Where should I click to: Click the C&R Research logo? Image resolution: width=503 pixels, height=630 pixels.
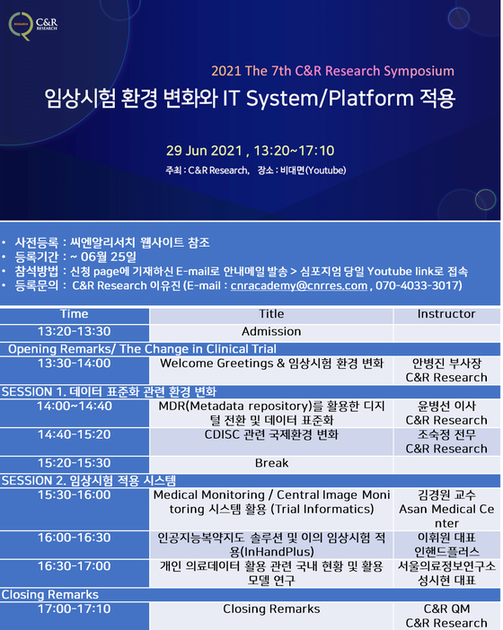point(33,26)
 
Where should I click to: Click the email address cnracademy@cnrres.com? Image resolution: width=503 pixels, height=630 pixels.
point(299,285)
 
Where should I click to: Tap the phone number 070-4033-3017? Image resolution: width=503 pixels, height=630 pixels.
point(418,285)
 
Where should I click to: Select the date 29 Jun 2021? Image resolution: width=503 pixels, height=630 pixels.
point(204,151)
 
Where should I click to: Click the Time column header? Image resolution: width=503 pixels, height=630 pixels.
point(75,314)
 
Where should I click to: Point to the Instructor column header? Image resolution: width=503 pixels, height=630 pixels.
point(446,314)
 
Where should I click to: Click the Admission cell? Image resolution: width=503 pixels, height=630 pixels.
point(271,332)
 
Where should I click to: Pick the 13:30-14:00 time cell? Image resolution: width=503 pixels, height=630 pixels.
point(75,370)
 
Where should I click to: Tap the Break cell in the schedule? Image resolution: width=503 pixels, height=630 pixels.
point(271,463)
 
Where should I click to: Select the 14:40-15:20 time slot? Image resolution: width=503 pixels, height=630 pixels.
point(75,442)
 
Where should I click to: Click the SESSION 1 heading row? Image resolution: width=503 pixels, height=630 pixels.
point(250,392)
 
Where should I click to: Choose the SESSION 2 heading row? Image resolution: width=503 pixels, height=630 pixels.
point(250,480)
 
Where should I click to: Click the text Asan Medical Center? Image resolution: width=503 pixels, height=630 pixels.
point(446,516)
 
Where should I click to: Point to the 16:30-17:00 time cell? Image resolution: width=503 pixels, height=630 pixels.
point(75,573)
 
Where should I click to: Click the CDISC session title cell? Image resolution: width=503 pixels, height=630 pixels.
point(271,442)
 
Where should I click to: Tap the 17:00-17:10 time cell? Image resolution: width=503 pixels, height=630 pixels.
point(75,616)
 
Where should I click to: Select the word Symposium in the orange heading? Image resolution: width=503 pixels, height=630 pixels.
point(419,72)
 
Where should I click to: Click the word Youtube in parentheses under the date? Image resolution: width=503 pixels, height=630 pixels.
point(326,171)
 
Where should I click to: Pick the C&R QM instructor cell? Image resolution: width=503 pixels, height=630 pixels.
point(446,616)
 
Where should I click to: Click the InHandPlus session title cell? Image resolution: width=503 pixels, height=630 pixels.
point(271,545)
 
